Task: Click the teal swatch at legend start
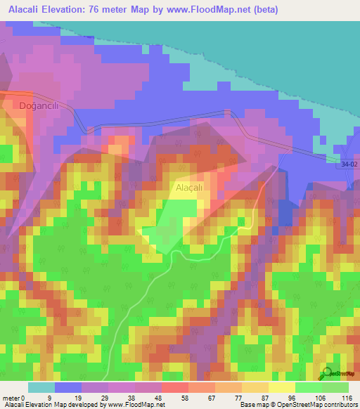coord(41,387)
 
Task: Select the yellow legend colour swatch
coord(281,387)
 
